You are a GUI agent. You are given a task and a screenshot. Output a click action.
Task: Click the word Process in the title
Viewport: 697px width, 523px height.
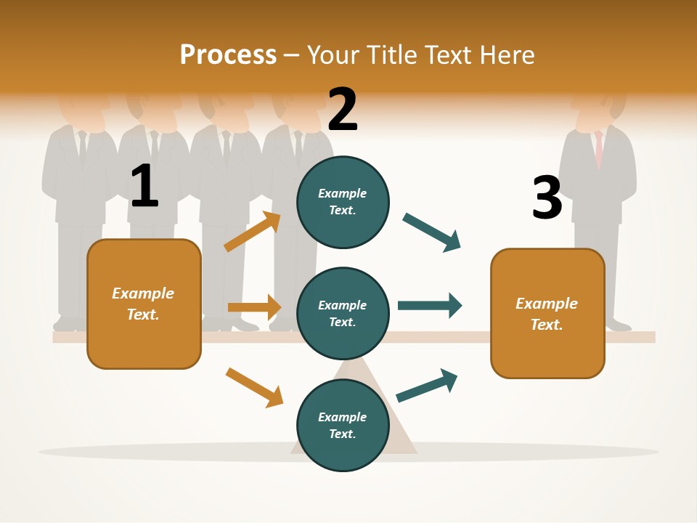228,55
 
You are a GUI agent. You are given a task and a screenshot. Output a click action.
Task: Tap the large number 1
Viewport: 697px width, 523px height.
144,186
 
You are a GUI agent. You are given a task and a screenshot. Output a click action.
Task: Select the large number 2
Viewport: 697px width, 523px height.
343,110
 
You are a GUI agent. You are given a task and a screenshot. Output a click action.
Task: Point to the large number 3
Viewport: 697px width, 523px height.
547,198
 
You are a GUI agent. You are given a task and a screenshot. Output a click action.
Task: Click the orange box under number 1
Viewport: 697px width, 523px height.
144,304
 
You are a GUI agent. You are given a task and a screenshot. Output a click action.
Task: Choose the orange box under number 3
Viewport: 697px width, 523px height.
547,313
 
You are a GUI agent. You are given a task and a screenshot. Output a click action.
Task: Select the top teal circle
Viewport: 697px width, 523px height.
343,201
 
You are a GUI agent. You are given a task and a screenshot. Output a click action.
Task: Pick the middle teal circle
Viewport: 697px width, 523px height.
343,313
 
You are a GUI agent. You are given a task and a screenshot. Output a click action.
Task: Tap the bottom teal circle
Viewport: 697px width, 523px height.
343,425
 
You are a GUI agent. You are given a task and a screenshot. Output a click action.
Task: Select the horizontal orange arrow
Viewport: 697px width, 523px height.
254,307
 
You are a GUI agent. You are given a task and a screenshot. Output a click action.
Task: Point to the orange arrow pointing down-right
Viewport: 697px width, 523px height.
254,387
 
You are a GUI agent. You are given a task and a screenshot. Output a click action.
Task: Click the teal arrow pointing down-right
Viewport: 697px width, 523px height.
432,232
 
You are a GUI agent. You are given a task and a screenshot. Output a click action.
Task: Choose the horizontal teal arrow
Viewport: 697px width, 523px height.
429,305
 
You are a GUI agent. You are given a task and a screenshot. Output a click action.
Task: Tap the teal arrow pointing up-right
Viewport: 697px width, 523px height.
427,385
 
